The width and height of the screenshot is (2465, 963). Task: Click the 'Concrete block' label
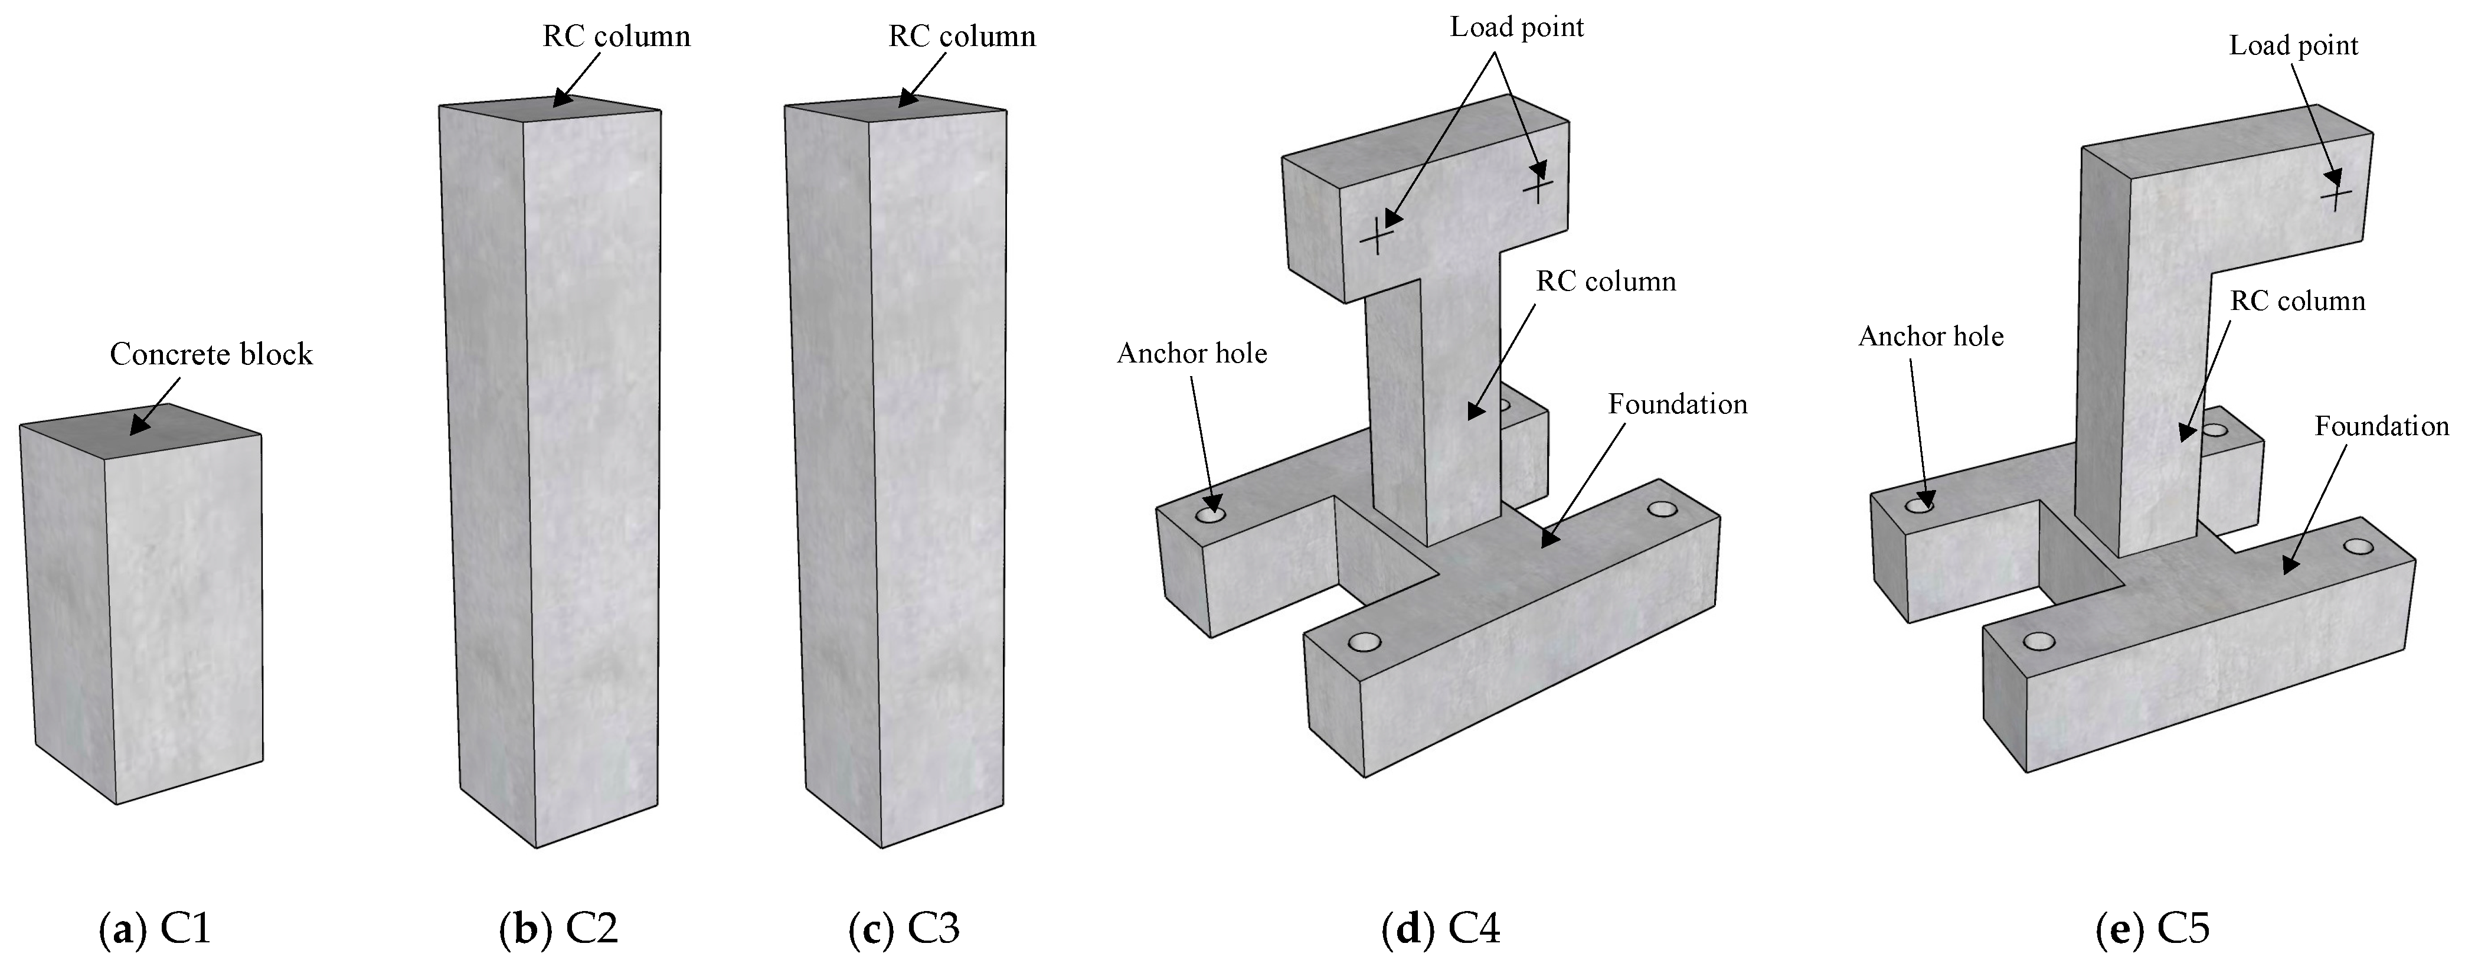point(211,354)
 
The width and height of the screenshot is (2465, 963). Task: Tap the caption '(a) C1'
point(155,929)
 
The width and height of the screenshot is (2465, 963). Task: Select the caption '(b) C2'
point(559,929)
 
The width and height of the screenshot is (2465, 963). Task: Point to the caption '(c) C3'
point(904,929)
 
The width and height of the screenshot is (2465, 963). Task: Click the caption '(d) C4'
point(1441,929)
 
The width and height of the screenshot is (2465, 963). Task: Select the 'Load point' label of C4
point(1516,27)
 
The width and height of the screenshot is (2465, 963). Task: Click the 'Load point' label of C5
point(2294,46)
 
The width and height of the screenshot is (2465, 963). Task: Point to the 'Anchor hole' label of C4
point(1191,354)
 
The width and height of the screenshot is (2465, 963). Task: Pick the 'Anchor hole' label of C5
point(1931,337)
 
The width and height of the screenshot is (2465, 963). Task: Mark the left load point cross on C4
point(1376,236)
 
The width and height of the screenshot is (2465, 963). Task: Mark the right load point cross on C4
point(1537,186)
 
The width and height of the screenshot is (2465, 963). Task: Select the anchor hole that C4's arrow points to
point(1211,515)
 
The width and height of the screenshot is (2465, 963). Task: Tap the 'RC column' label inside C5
point(2297,302)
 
